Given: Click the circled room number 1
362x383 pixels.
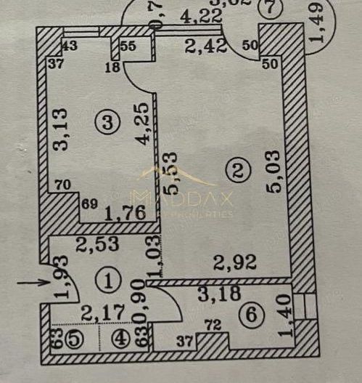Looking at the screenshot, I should click(x=108, y=278).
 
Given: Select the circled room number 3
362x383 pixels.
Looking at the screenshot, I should click(x=110, y=124).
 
